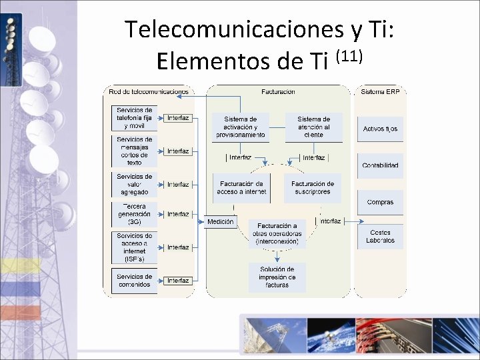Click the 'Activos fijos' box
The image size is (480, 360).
(x=380, y=129)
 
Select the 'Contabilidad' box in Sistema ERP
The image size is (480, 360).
(x=380, y=165)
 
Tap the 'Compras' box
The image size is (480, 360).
(x=380, y=202)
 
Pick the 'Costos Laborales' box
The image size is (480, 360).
(x=380, y=237)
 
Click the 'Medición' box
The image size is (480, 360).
(x=221, y=221)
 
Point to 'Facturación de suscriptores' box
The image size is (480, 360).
(x=311, y=187)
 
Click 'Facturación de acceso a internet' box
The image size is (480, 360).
(x=241, y=187)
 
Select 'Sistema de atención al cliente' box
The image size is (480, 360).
(x=313, y=127)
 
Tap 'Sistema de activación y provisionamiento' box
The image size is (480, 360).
(x=240, y=127)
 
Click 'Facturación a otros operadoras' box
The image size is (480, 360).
(x=277, y=234)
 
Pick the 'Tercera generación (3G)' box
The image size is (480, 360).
(x=134, y=214)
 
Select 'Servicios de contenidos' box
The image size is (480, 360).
(x=134, y=281)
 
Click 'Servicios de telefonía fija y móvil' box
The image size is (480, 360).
(x=134, y=118)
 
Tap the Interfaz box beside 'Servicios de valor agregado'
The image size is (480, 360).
(x=178, y=184)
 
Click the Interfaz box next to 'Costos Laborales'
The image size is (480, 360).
(x=331, y=221)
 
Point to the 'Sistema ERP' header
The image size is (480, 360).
(x=380, y=91)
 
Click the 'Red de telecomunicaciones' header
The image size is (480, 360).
(x=149, y=91)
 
